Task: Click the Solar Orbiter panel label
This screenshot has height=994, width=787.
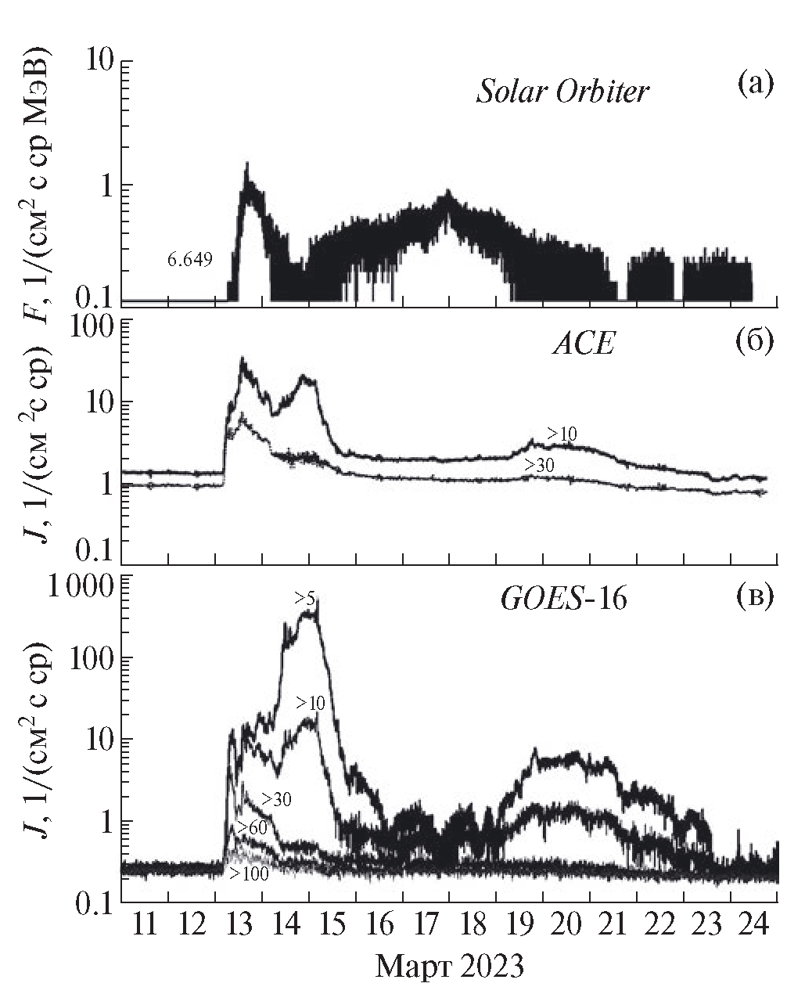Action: [562, 92]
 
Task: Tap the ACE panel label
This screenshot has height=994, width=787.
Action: [583, 344]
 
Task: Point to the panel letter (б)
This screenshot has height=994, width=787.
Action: [754, 340]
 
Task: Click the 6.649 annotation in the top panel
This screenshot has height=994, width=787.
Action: [189, 258]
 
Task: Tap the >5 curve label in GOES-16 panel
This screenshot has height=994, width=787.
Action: [305, 599]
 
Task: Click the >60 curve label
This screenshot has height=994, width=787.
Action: [252, 827]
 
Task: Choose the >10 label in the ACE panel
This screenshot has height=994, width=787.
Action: [561, 433]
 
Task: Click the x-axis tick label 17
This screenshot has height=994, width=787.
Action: [426, 924]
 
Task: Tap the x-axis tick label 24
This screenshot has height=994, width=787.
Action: [753, 924]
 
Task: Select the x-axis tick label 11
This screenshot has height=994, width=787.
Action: [145, 924]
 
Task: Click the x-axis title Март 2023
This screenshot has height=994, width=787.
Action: [449, 967]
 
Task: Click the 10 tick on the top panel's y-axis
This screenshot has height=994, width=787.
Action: [99, 62]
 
